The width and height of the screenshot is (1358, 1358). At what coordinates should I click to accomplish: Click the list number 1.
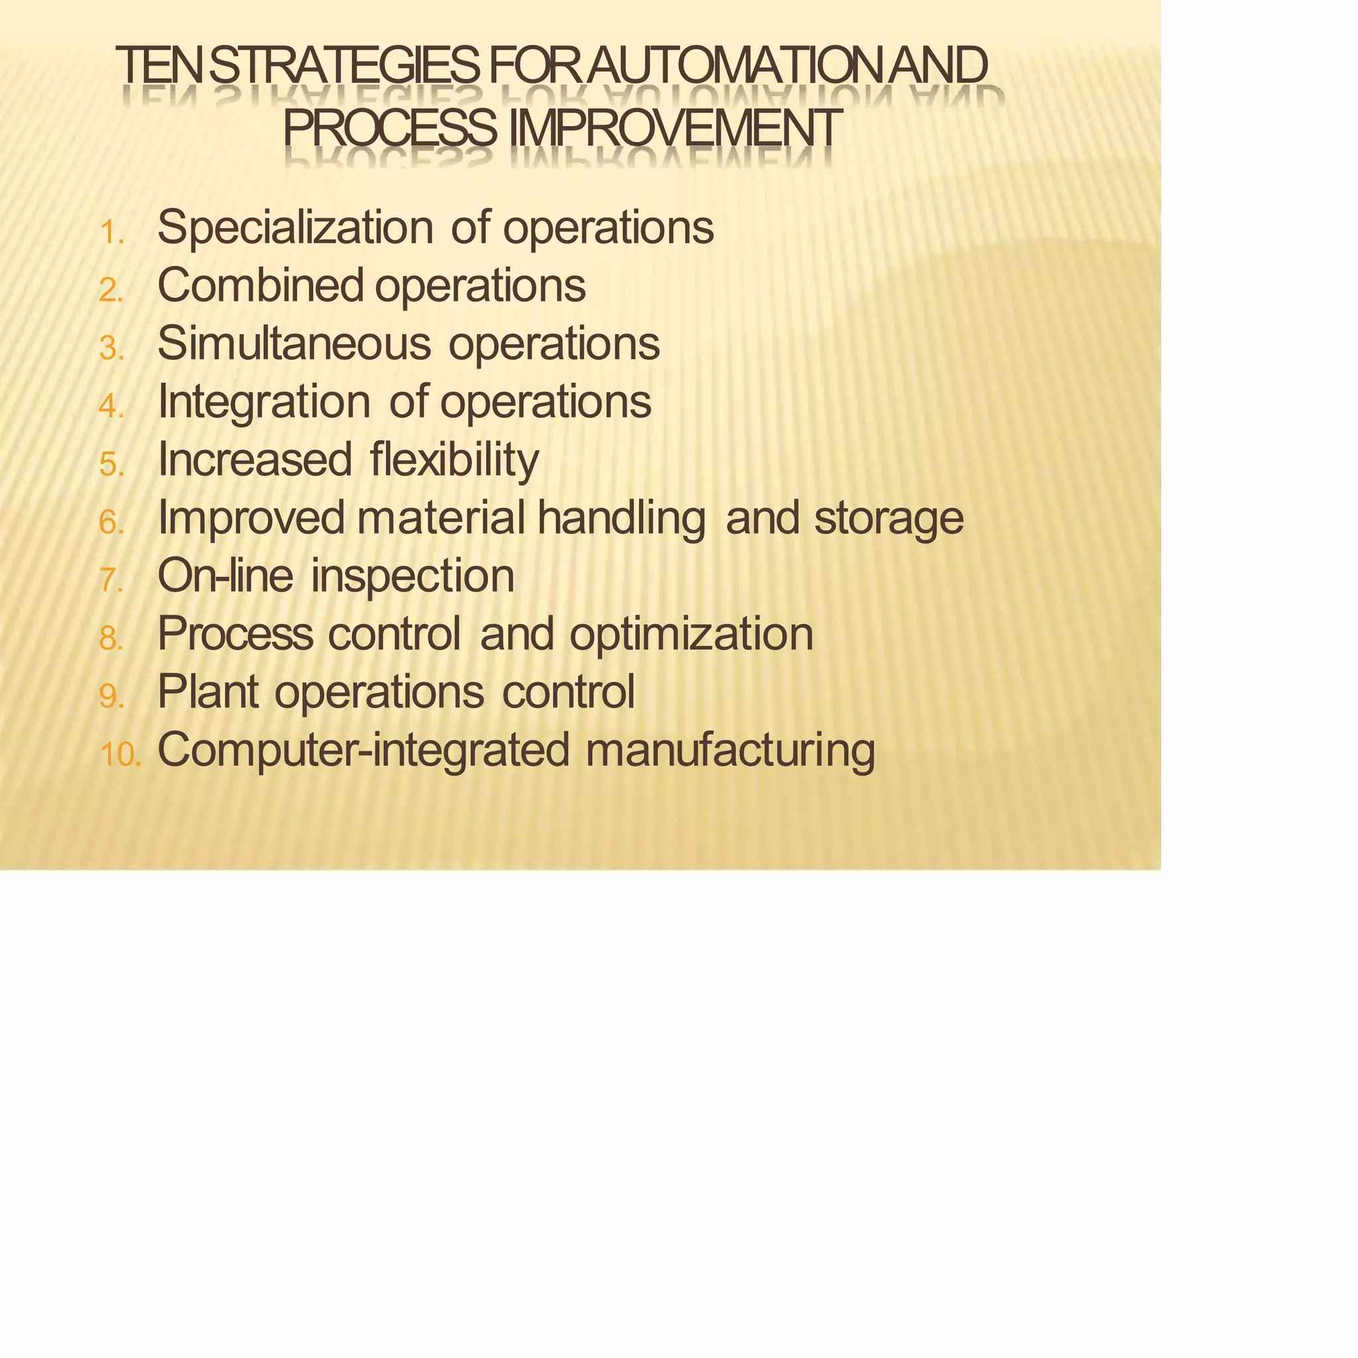(111, 233)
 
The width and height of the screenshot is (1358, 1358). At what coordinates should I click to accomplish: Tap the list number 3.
(111, 349)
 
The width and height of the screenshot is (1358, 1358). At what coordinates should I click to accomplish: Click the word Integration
(264, 402)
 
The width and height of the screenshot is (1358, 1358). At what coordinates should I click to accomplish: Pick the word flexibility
(454, 460)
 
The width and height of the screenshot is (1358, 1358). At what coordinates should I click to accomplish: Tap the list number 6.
(111, 523)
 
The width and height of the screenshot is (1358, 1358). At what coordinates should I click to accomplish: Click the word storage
(889, 519)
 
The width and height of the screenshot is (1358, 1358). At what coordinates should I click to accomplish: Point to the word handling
(621, 519)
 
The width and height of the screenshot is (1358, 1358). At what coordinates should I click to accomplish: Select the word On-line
(225, 576)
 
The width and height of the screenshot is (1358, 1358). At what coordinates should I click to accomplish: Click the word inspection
(412, 577)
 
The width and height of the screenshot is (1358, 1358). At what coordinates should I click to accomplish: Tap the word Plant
(208, 692)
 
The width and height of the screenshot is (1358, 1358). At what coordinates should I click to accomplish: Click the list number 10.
(120, 755)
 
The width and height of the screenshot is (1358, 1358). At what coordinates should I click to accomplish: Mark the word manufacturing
(730, 751)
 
